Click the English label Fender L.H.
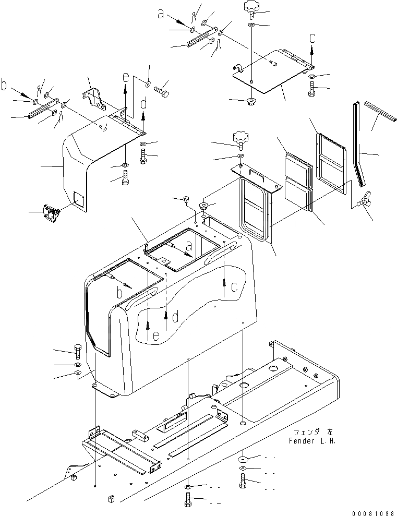coord(311,441)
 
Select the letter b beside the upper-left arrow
coord(4,85)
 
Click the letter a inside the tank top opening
coord(189,245)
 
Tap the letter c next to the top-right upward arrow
coord(312,38)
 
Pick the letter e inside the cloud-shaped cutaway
coord(156,338)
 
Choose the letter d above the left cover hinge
coord(143,104)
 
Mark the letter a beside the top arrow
coord(162,15)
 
